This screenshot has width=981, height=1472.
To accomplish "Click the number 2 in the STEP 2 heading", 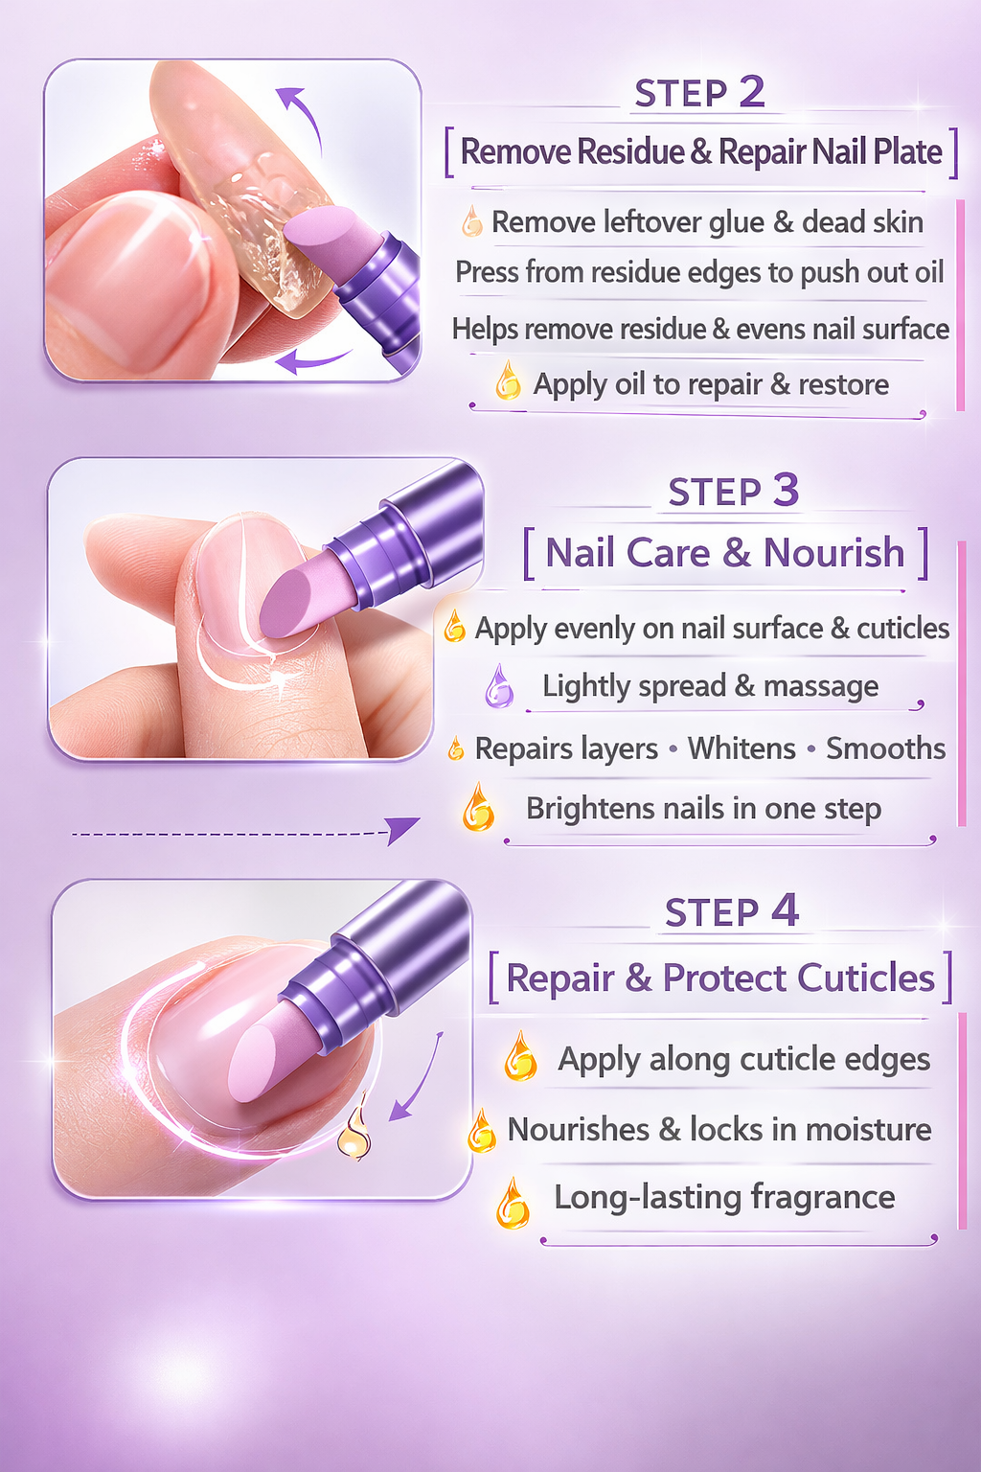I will point(752,92).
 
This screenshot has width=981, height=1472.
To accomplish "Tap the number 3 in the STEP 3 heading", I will point(786,491).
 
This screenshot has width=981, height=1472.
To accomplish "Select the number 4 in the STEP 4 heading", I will point(785,910).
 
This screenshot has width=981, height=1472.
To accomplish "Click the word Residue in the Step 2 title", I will point(630,152).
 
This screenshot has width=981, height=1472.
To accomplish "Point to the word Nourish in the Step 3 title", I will point(833,553).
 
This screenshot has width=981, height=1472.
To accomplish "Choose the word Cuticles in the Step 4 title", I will point(865,978).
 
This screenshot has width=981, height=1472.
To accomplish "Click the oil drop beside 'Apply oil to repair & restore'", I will point(508,381).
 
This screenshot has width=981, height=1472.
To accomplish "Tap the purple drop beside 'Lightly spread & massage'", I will point(498,686).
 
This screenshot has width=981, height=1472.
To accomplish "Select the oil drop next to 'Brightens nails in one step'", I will point(478,807).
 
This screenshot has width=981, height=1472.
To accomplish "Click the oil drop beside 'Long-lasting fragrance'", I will point(513,1204).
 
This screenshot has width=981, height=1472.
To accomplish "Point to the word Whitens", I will point(741,748).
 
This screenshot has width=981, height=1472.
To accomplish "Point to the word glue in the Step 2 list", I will point(735,223).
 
